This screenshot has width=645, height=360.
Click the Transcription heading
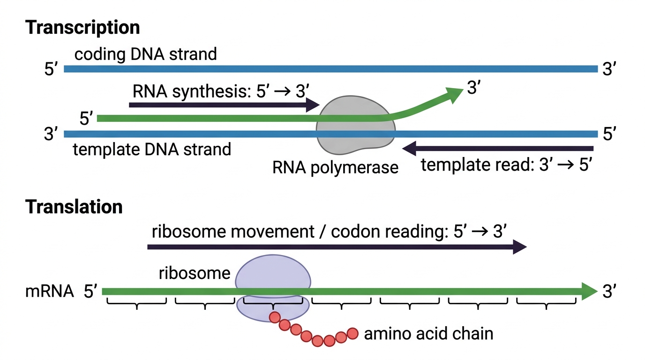(x=82, y=28)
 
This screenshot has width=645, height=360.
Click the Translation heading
(x=74, y=207)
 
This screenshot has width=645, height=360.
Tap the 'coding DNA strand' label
(x=145, y=54)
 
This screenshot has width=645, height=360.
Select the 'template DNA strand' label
(x=152, y=149)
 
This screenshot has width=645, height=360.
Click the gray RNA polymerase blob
(x=356, y=125)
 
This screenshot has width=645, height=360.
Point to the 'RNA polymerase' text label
(x=335, y=167)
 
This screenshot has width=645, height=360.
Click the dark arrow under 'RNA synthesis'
(x=225, y=105)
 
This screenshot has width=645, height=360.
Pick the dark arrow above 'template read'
(x=497, y=149)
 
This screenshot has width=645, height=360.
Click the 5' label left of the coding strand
(x=51, y=69)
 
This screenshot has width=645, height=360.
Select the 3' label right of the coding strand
(x=609, y=69)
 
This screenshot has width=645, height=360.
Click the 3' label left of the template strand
(x=51, y=134)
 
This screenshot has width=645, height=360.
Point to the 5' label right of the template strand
(x=609, y=134)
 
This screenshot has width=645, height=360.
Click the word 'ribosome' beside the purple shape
(x=195, y=273)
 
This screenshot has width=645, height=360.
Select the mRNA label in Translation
(x=50, y=291)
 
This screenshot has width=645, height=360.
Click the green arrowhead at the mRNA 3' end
(x=589, y=292)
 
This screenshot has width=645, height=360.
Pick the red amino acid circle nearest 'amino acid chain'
(x=352, y=333)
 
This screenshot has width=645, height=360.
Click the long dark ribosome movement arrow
(x=337, y=247)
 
